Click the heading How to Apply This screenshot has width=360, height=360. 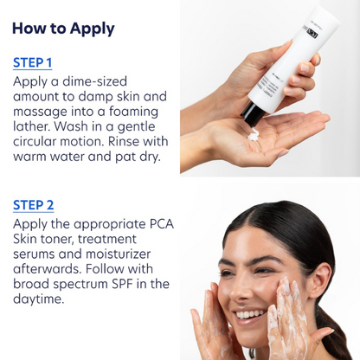pos(63,28)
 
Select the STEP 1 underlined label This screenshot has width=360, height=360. pos(33,62)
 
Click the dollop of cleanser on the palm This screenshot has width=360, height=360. pos(254,135)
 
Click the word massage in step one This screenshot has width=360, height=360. pos(42,100)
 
